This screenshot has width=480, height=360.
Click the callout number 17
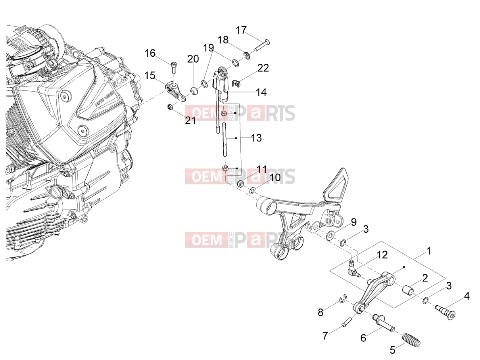pos(241,30)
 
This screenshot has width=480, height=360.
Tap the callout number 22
pos(263,68)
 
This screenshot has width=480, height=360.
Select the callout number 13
pos(256,138)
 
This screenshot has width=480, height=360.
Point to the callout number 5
pos(393,350)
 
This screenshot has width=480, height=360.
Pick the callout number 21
pos(190,121)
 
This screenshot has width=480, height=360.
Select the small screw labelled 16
pos(174,67)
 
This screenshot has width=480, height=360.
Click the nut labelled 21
pos(170,107)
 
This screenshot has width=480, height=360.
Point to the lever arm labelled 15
pos(175,92)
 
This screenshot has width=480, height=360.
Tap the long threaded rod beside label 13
pos(224,139)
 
